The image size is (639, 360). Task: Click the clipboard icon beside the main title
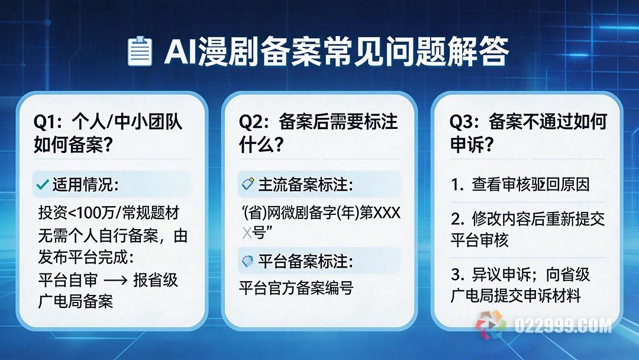click(x=139, y=52)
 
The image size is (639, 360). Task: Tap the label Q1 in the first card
click(x=46, y=123)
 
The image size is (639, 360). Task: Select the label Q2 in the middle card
click(x=251, y=123)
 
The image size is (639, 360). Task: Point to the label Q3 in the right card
click(x=462, y=123)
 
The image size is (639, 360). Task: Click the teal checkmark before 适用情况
click(x=42, y=185)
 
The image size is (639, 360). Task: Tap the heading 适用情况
click(x=85, y=185)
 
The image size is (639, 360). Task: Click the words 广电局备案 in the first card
click(x=74, y=301)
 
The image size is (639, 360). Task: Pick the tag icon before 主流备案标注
click(x=248, y=185)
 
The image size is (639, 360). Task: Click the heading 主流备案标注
click(x=305, y=185)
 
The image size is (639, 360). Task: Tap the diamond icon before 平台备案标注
click(x=248, y=261)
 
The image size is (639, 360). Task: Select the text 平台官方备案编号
click(x=296, y=288)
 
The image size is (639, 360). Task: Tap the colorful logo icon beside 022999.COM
click(x=490, y=325)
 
